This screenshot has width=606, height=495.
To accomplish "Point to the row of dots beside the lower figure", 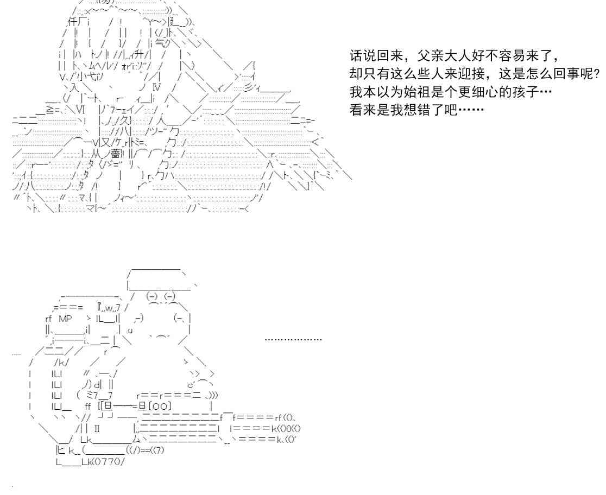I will tap(293, 340).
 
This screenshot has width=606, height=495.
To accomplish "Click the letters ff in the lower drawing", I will tap(88, 406).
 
